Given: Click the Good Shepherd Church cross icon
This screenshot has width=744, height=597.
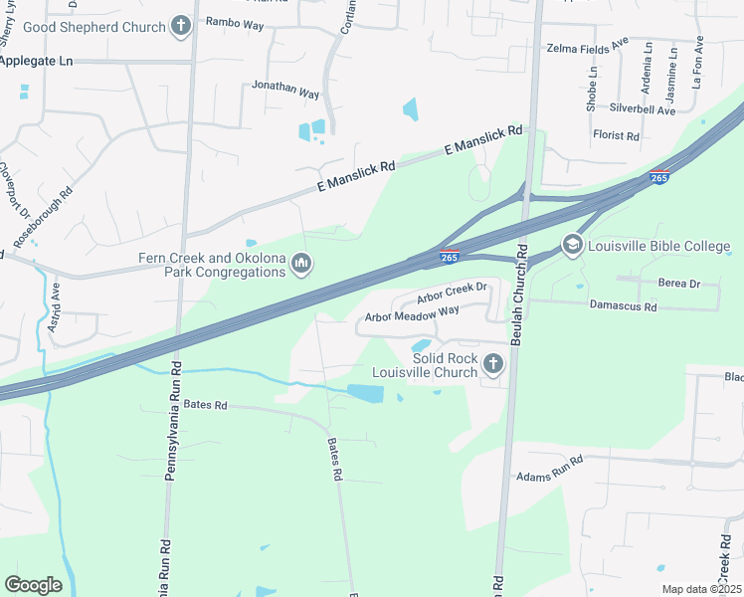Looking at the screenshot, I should [x=180, y=26].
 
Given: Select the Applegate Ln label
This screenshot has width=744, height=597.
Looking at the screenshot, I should [x=38, y=61].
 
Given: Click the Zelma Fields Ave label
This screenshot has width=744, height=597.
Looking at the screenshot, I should [x=588, y=47].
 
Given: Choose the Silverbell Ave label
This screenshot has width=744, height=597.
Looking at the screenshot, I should [x=643, y=110].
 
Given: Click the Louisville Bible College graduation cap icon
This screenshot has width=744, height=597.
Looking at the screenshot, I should [x=572, y=244].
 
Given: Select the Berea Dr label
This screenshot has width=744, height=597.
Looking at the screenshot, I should [x=679, y=284].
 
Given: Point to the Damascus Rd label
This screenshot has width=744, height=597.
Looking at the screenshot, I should [x=624, y=307].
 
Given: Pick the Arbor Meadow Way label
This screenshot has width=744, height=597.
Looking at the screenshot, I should [x=412, y=315].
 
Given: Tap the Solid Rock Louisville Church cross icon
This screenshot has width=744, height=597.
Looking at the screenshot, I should [x=492, y=365].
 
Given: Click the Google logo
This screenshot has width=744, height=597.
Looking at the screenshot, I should [x=33, y=584].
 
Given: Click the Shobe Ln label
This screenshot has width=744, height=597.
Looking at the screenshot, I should [x=592, y=88].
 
